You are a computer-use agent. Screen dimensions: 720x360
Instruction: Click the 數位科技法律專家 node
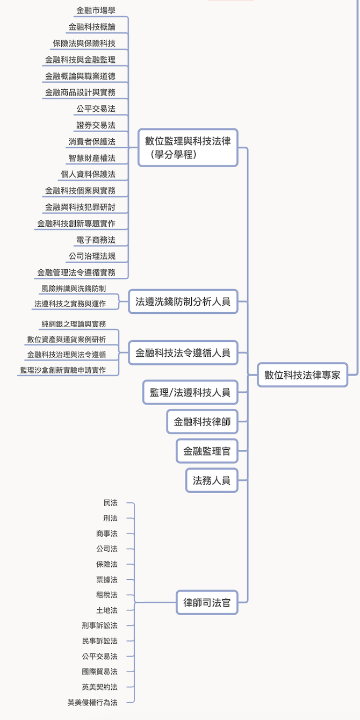pyautogui.click(x=303, y=375)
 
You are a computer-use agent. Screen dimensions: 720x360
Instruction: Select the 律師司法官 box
pyautogui.click(x=207, y=602)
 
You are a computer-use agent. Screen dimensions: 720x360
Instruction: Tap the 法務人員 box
pyautogui.click(x=212, y=480)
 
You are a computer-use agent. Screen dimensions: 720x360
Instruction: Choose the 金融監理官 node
pyautogui.click(x=207, y=451)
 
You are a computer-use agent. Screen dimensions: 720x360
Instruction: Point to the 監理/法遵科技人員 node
pyautogui.click(x=190, y=392)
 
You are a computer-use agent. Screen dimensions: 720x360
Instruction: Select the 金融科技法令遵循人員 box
pyautogui.click(x=183, y=353)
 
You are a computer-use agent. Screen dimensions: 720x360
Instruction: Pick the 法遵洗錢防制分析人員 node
pyautogui.click(x=183, y=301)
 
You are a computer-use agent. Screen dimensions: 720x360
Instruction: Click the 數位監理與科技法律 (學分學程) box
pyautogui.click(x=188, y=147)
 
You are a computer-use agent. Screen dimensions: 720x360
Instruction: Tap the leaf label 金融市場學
pyautogui.click(x=96, y=10)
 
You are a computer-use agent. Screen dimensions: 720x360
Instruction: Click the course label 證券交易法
pyautogui.click(x=96, y=125)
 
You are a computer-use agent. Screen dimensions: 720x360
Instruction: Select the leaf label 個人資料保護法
pyautogui.click(x=88, y=174)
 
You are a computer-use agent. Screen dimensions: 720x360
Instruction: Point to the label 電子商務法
pyautogui.click(x=96, y=240)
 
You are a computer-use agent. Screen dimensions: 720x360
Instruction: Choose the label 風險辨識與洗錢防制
pyautogui.click(x=74, y=289)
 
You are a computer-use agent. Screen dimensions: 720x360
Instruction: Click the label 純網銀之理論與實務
pyautogui.click(x=74, y=324)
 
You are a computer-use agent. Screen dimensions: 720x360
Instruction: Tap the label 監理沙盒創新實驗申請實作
pyautogui.click(x=63, y=370)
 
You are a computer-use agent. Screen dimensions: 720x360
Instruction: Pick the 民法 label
pyautogui.click(x=110, y=503)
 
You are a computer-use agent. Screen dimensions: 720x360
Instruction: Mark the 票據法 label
pyautogui.click(x=106, y=580)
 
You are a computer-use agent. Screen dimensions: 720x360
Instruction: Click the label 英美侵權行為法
pyautogui.click(x=92, y=702)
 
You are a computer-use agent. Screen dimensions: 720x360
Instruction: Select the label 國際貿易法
pyautogui.click(x=99, y=672)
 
